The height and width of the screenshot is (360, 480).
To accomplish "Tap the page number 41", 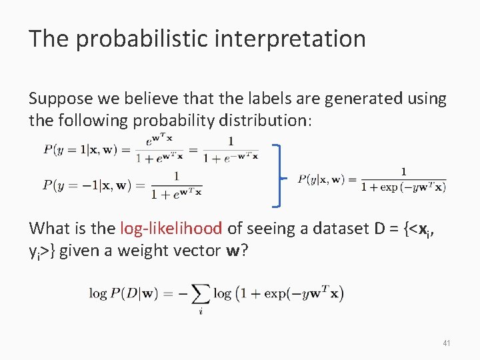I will pos(446,343).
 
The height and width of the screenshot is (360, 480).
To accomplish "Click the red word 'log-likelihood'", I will pos(171,228).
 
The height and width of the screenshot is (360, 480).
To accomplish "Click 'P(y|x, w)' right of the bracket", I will pos(322,179).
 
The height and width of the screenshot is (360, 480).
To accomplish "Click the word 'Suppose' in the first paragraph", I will pos(57,99).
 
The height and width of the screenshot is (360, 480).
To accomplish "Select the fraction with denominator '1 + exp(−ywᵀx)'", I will pos(403,179).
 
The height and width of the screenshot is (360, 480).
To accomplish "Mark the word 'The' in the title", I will pos(49,39).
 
